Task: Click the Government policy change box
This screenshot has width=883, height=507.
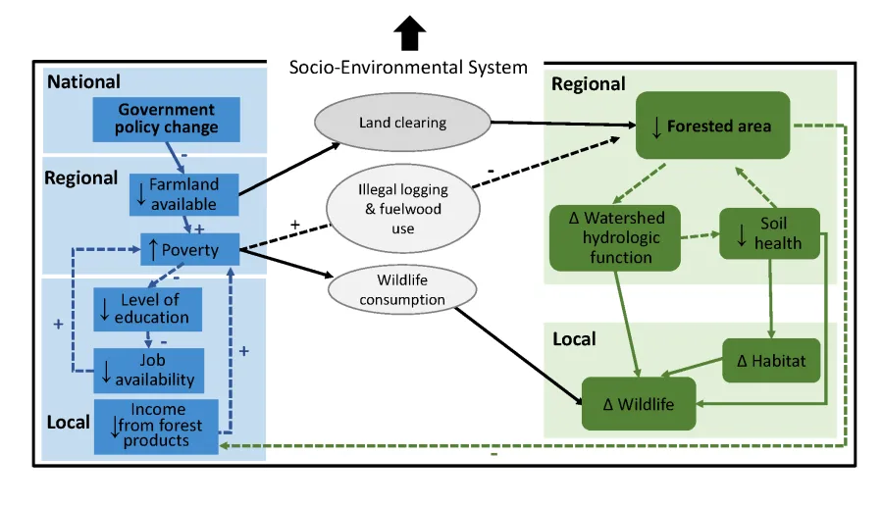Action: point(167,119)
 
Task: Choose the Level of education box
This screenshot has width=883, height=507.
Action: point(148,309)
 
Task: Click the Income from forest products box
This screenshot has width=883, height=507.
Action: point(156,426)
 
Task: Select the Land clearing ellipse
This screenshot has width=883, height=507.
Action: point(402,124)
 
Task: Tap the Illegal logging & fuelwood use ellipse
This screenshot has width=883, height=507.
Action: point(402,208)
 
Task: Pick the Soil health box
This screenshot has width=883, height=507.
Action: point(769,233)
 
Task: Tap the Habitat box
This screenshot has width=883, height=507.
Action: point(771,361)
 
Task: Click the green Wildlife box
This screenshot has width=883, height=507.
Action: point(640,403)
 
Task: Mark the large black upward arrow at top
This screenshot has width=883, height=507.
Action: point(409,34)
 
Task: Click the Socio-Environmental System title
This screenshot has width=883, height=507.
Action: point(408,68)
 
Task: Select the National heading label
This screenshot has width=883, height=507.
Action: point(84,82)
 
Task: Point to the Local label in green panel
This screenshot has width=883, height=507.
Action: point(574,338)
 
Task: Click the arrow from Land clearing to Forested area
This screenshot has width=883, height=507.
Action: point(559,125)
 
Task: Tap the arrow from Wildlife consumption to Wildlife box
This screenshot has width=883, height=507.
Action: point(520,357)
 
